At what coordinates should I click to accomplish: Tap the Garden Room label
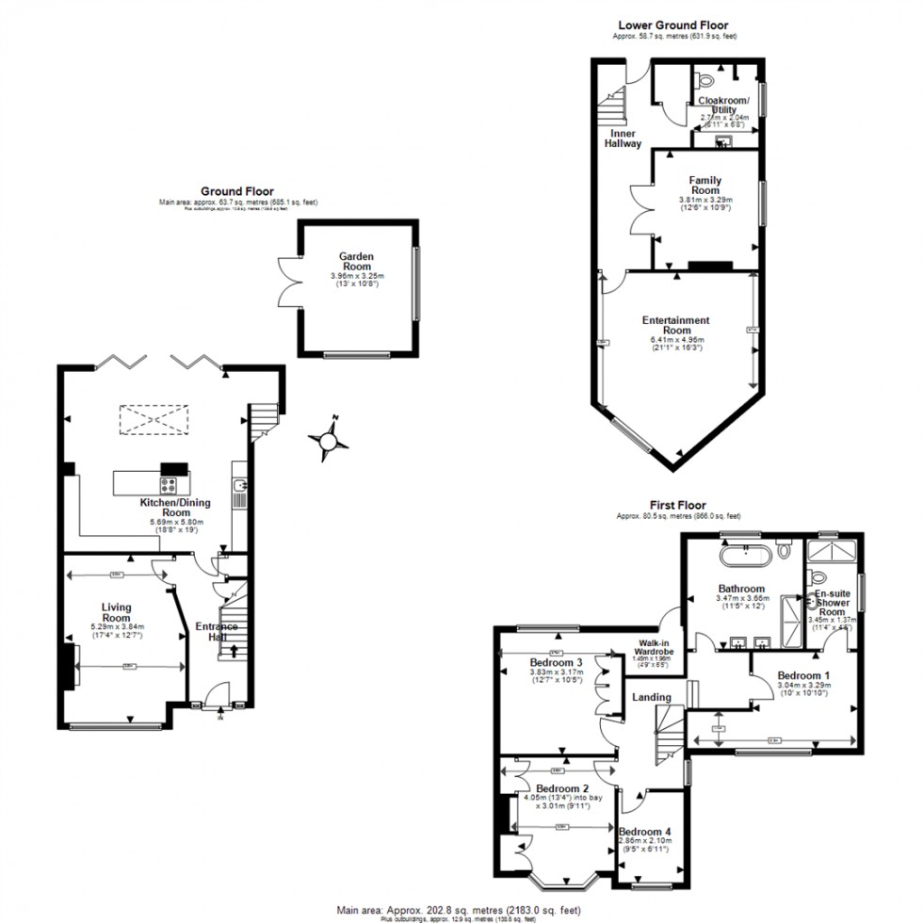coord(357,261)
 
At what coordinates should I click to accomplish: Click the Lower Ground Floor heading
coord(672,25)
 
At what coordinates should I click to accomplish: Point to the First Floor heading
coord(677,506)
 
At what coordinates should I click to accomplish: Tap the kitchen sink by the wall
coord(242,487)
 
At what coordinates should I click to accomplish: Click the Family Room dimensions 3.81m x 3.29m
coord(704,201)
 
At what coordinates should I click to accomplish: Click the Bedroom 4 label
coord(646,832)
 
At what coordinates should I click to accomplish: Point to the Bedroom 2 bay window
coord(564,881)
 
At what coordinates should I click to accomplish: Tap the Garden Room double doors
coord(287,281)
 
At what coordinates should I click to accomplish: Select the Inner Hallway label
coord(623,139)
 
